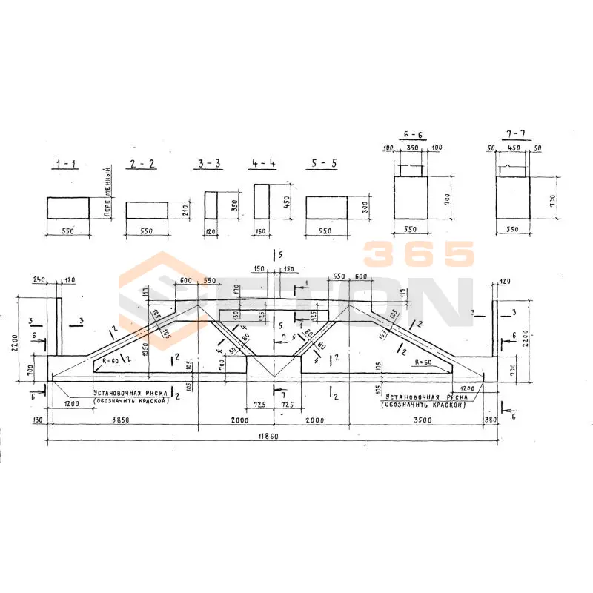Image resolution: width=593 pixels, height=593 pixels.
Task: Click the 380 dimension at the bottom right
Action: click(490, 420)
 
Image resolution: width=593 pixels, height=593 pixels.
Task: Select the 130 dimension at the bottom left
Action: click(38, 420)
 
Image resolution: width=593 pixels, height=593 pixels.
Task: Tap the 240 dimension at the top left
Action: click(39, 281)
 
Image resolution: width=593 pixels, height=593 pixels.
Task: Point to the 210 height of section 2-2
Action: click(185, 210)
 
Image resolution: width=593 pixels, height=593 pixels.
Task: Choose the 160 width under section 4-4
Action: click(261, 231)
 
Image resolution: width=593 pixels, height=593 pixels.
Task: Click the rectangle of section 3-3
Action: click(211, 205)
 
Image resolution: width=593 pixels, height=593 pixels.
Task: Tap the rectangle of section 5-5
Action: click(328, 208)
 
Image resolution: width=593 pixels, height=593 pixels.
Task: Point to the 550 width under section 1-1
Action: click(67, 231)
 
